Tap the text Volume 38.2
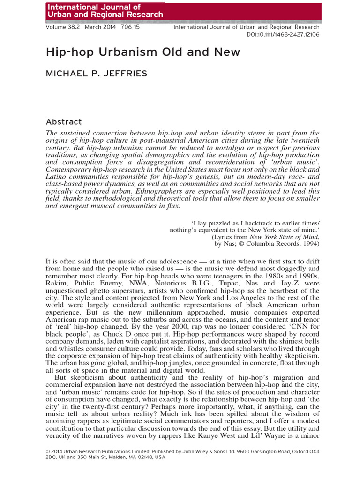click(63, 28)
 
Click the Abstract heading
click(64, 122)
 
